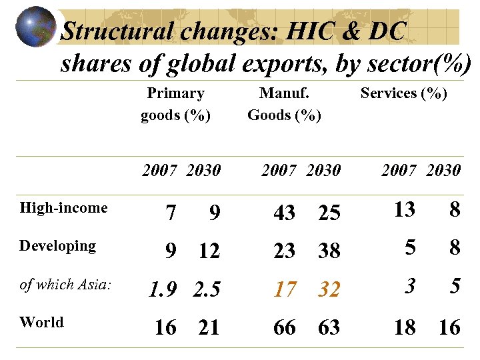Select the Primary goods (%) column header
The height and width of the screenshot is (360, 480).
(x=175, y=104)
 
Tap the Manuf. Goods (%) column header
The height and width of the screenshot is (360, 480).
(x=284, y=104)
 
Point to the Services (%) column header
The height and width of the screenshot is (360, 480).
(x=403, y=93)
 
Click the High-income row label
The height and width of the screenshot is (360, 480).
(x=63, y=208)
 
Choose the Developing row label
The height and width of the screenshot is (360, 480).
(x=57, y=246)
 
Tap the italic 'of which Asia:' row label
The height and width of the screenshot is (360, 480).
(x=65, y=285)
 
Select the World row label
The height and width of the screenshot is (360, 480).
(x=41, y=323)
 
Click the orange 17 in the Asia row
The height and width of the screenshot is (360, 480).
(x=285, y=289)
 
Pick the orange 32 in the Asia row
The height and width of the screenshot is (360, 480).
(x=329, y=289)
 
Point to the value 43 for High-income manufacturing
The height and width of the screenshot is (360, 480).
(x=285, y=213)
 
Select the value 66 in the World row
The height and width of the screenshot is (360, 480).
(x=285, y=327)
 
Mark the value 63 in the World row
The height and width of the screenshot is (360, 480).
(x=329, y=327)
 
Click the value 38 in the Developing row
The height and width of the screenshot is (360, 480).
(x=329, y=251)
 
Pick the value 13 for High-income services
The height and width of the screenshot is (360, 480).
(x=404, y=210)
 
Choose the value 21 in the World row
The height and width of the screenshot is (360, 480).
(x=209, y=327)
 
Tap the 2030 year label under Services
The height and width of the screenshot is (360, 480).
(x=443, y=171)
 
